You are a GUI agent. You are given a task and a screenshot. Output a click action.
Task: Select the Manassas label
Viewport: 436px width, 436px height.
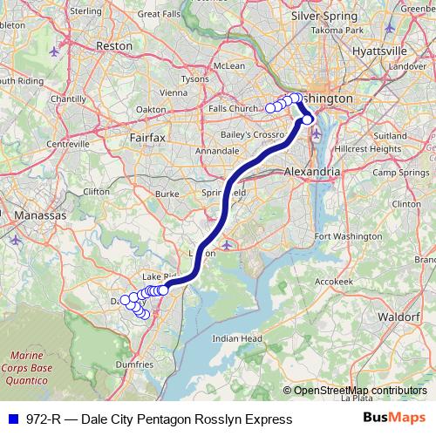click(x=35, y=214)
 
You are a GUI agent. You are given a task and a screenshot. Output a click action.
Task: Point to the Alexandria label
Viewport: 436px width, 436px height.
click(x=312, y=173)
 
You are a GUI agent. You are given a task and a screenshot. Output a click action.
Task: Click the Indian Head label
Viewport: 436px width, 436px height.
click(x=237, y=338)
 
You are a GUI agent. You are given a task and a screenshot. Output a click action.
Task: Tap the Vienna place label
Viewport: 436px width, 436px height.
click(x=174, y=92)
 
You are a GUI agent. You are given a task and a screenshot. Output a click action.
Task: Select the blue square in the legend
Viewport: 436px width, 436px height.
click(x=10, y=419)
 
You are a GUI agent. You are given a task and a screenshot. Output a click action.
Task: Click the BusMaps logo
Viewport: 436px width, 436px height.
click(x=400, y=419)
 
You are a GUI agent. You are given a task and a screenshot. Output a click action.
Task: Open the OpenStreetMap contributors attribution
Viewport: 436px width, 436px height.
click(x=358, y=391)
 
